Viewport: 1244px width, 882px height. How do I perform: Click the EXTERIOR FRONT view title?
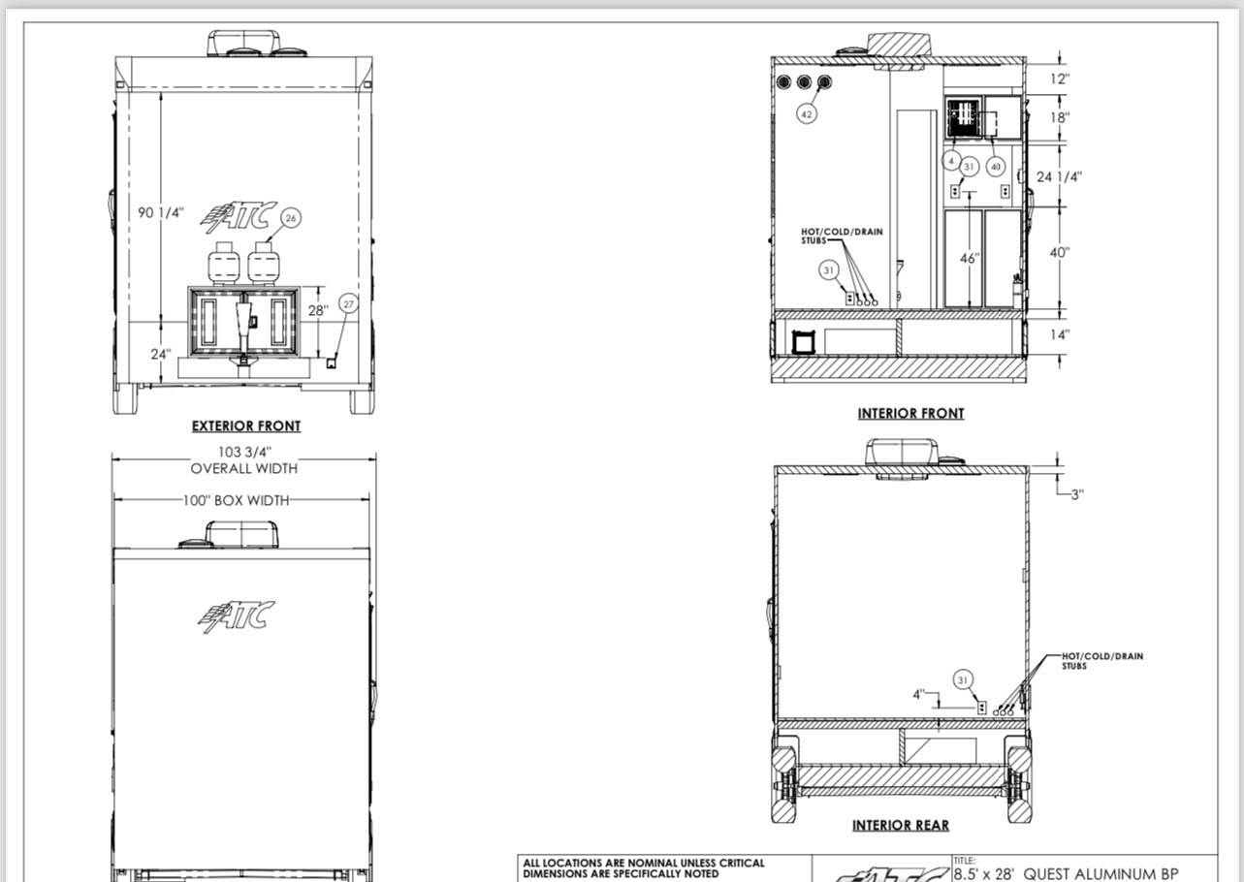click(246, 425)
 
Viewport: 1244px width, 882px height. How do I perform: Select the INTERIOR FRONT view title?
click(910, 414)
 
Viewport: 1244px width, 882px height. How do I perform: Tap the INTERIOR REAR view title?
click(901, 826)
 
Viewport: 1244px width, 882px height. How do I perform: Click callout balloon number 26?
click(291, 218)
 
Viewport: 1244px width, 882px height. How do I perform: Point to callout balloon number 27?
click(348, 303)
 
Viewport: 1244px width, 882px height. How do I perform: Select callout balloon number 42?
click(807, 114)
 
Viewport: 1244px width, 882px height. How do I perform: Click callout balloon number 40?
click(995, 167)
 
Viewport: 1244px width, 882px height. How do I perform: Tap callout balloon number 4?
click(951, 161)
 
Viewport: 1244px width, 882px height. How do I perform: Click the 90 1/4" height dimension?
click(161, 212)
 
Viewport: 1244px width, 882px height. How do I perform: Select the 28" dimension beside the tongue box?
click(318, 310)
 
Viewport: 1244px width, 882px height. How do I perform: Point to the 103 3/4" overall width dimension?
click(244, 453)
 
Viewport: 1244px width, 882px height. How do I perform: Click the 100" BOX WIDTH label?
click(236, 501)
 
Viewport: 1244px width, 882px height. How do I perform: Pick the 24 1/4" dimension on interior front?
click(1059, 177)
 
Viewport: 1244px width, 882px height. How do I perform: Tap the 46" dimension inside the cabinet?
click(970, 259)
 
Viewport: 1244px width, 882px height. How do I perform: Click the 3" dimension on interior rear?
click(1077, 494)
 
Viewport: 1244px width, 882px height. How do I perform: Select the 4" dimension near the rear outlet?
click(919, 694)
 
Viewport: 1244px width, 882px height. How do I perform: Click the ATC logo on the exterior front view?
click(239, 217)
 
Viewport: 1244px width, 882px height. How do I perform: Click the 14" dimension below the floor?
click(1059, 334)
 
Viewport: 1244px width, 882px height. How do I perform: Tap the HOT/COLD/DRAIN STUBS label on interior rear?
click(1102, 661)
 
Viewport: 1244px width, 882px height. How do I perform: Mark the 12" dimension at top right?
click(1059, 79)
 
